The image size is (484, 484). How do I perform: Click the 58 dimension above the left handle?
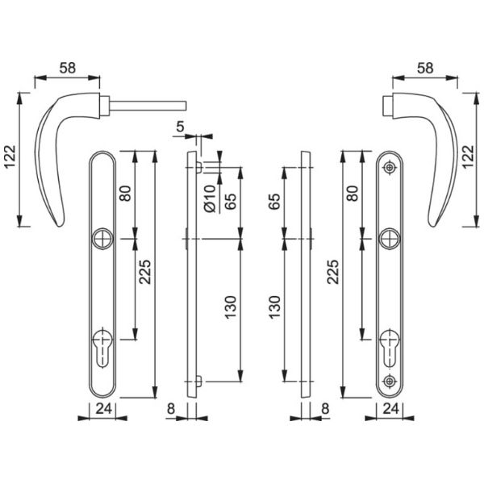tap(68, 68)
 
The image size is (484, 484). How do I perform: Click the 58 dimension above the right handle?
tap(425, 68)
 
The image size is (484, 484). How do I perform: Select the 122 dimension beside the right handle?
tap(468, 156)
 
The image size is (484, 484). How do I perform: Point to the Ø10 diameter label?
tap(211, 198)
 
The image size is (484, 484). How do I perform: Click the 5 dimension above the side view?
tap(180, 127)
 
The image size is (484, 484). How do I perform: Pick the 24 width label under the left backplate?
tap(104, 409)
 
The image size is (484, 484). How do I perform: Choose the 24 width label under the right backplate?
tap(390, 409)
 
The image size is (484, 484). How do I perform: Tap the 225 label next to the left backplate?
tap(144, 272)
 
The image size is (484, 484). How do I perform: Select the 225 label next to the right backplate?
tap(333, 272)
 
